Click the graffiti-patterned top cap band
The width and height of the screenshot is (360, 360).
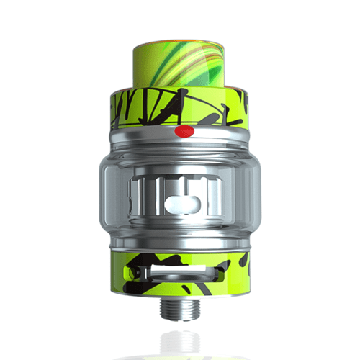click(144, 108)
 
